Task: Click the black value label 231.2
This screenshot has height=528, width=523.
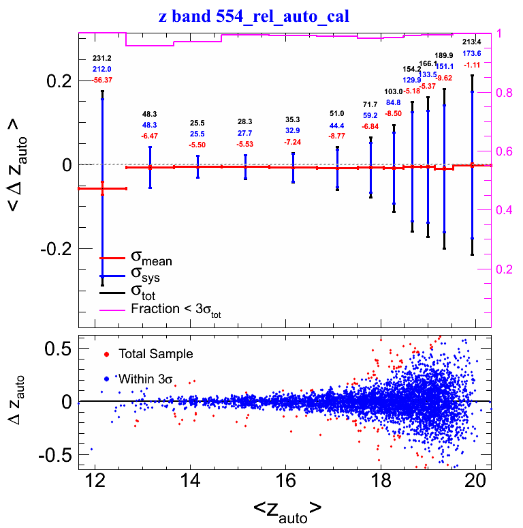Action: (102, 59)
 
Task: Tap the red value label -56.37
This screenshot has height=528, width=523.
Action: (102, 80)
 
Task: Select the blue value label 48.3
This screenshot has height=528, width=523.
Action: (150, 126)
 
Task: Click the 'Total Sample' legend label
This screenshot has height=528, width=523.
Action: (155, 354)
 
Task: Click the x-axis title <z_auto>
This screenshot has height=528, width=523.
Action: (287, 508)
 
